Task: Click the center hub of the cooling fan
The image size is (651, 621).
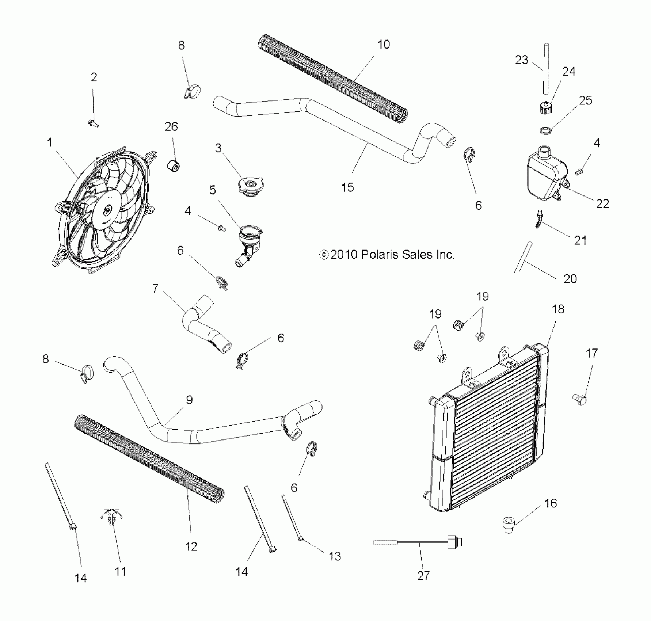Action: click(107, 210)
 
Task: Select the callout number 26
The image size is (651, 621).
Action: click(171, 126)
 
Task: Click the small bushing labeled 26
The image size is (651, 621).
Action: click(174, 166)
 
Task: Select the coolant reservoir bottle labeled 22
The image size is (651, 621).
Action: click(546, 178)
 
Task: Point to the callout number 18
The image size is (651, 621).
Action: click(558, 309)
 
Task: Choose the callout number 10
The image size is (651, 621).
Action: click(384, 44)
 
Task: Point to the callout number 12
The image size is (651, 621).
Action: click(191, 546)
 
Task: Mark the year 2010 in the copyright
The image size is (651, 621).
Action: click(344, 254)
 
